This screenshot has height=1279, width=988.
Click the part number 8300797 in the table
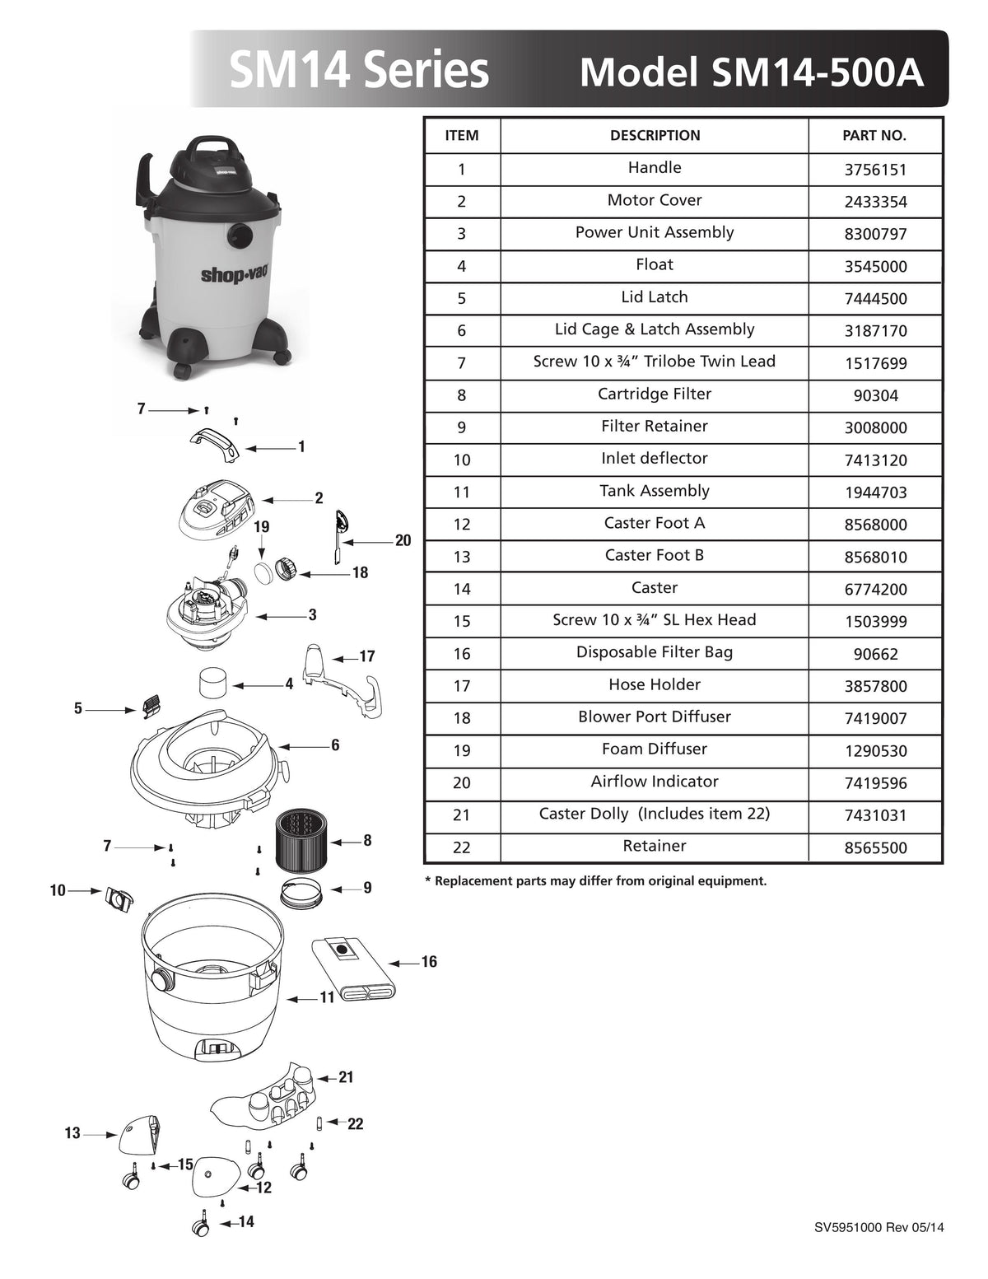874,234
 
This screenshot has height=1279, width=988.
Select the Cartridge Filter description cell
654,394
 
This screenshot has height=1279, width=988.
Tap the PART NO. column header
874,136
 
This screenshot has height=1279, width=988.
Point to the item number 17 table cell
461,686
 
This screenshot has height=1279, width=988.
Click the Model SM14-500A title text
751,72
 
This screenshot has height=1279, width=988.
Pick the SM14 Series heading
359,71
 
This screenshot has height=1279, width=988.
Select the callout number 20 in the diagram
403,541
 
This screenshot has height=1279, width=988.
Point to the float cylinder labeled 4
215,684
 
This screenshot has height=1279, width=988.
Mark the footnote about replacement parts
595,881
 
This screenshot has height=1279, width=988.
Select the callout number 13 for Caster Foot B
72,1133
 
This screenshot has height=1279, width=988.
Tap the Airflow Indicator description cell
654,782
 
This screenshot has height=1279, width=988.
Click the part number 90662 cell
874,655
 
